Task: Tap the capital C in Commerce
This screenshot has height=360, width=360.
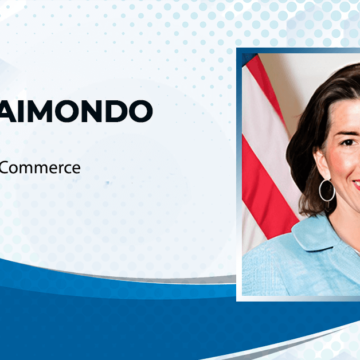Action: click(7, 168)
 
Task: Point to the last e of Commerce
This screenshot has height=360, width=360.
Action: click(75, 168)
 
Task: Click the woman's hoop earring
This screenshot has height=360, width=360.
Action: click(326, 190)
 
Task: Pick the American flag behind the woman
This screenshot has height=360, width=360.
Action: click(262, 160)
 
